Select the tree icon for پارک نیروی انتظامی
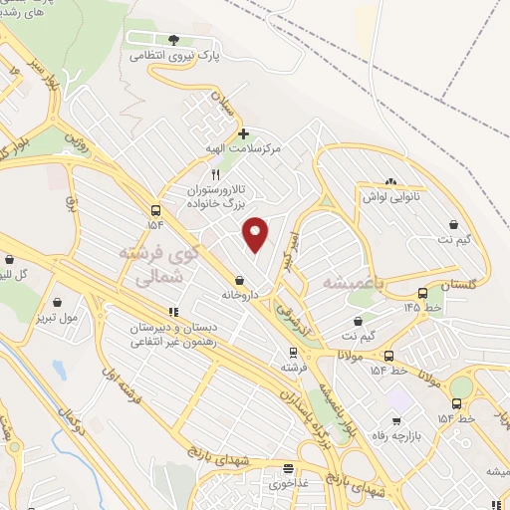pyautogui.click(x=174, y=40)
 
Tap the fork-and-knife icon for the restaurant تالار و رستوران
pyautogui.click(x=201, y=173)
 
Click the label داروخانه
pyautogui.click(x=239, y=296)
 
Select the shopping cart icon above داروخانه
pyautogui.click(x=239, y=281)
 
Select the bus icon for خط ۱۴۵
pyautogui.click(x=422, y=293)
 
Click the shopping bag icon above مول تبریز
pyautogui.click(x=58, y=301)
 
